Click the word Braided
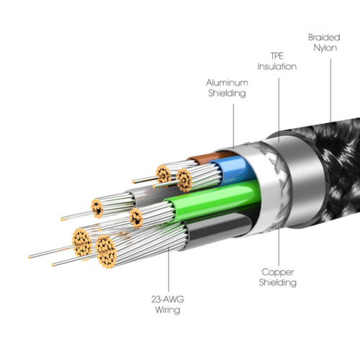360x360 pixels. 324,37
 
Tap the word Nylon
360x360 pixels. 325,48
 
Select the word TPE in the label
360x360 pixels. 277,56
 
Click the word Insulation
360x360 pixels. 277,66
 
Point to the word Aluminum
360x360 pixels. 227,83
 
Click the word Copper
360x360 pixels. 278,272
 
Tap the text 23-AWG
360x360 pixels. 168,300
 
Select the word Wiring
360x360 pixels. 168,310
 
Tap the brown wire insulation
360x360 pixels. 211,157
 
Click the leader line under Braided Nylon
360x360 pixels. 330,91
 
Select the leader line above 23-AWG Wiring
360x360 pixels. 168,269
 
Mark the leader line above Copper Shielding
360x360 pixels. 279,246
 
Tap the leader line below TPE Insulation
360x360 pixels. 279,110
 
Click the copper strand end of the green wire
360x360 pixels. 136,218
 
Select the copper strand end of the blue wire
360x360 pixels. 184,180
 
